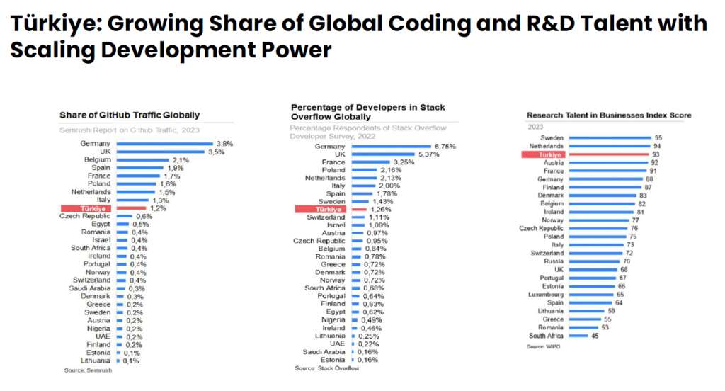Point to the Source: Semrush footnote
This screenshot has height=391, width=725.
(84, 371)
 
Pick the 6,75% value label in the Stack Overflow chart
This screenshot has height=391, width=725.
(444, 147)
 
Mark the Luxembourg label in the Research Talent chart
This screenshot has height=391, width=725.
(545, 294)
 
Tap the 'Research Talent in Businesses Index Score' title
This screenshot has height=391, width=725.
(609, 115)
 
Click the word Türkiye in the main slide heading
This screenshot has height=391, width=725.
(50, 24)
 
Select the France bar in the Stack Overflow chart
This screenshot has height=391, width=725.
(369, 163)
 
